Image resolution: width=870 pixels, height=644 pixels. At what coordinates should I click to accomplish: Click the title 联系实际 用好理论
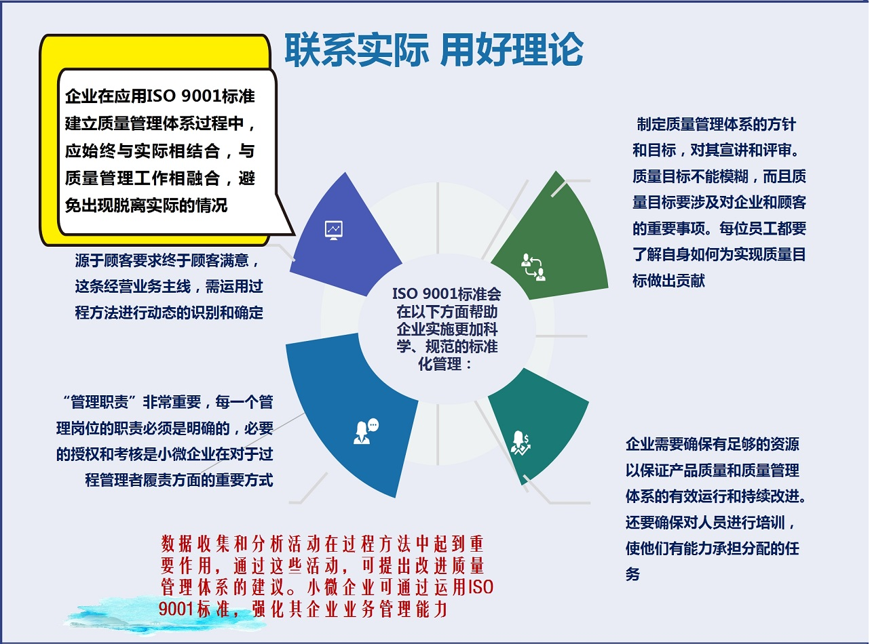click(x=434, y=49)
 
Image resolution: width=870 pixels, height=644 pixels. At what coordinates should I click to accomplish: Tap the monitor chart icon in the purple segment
click(x=333, y=230)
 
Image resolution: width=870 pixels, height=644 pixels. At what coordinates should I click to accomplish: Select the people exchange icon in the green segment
click(x=533, y=267)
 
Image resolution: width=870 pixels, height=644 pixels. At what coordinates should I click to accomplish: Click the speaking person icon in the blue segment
click(x=366, y=431)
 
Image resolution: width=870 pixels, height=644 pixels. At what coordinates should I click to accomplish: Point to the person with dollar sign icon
click(x=521, y=443)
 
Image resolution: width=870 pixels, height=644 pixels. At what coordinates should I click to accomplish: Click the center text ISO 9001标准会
click(x=447, y=294)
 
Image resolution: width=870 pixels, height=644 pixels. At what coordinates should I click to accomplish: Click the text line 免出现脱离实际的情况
click(x=146, y=205)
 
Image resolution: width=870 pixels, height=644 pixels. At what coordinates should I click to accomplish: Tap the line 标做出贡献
click(x=668, y=281)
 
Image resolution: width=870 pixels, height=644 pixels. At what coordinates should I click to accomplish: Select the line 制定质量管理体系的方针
click(x=716, y=124)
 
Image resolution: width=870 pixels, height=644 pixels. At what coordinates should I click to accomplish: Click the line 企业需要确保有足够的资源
click(x=713, y=444)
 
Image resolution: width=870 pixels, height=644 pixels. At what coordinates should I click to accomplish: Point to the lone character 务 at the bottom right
click(x=632, y=574)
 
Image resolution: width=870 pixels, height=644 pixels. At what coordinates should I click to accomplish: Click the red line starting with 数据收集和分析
click(x=322, y=544)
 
